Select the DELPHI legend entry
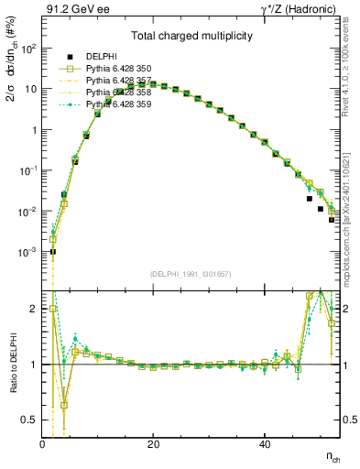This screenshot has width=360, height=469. coord(102,56)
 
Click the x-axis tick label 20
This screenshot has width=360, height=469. coord(153,444)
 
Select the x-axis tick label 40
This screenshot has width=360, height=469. coord(264,444)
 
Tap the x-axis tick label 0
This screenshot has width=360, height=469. coord(43,444)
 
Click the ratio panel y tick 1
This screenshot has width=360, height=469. coord(33,365)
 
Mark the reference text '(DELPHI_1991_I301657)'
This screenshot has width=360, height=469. coord(191,274)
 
